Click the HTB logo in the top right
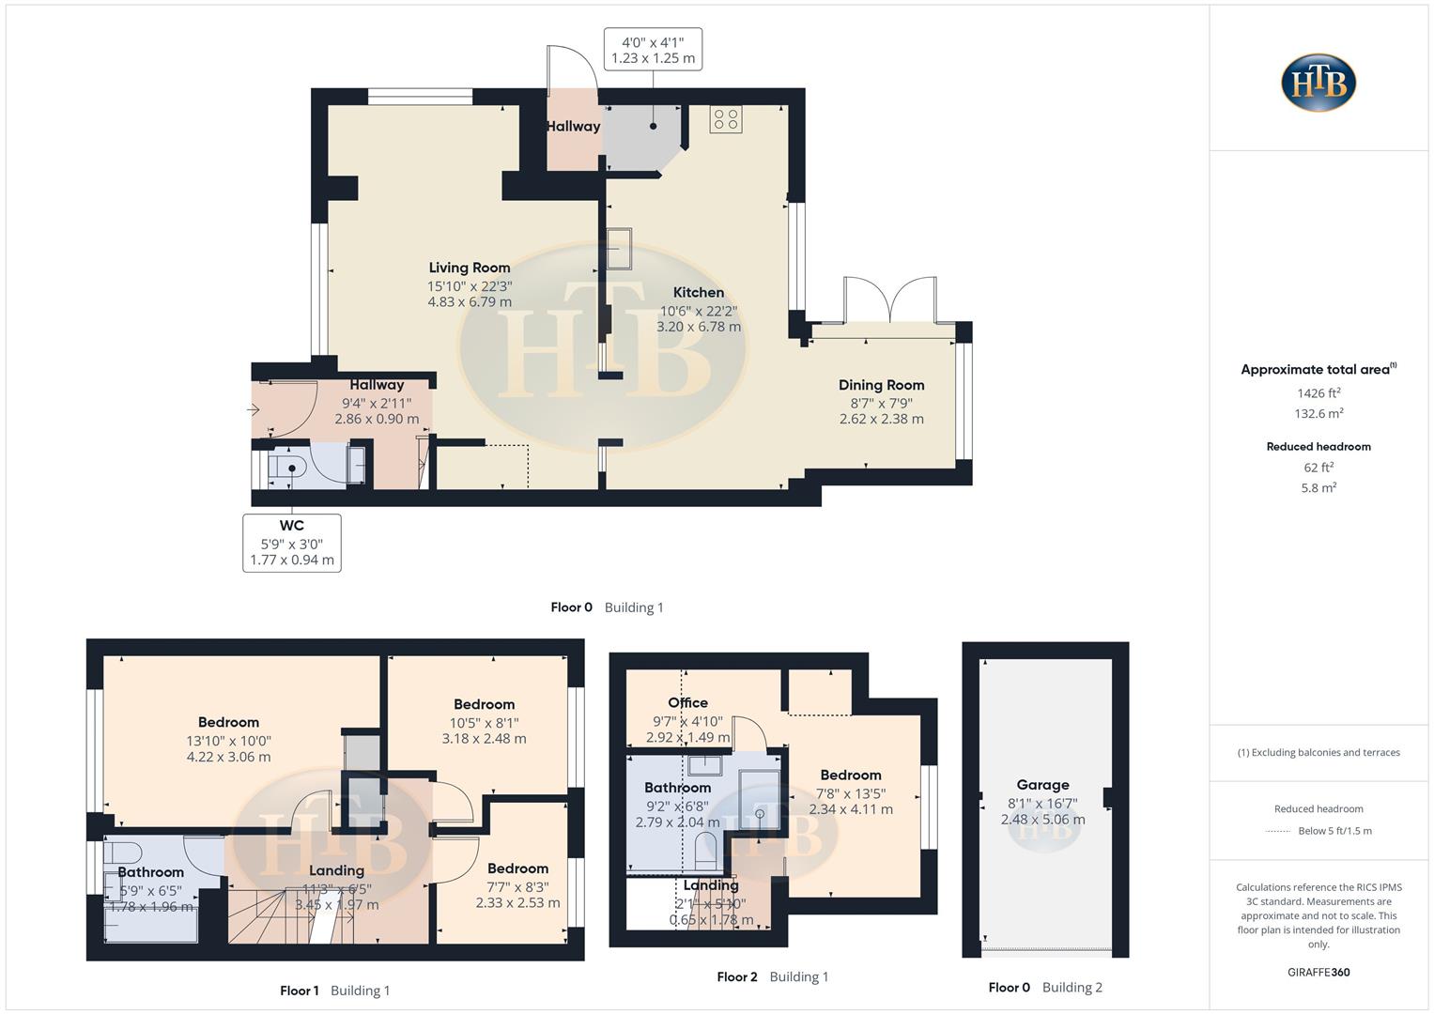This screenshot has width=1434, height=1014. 1318,83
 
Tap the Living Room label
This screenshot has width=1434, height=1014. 470,268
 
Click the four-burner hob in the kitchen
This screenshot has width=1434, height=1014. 726,119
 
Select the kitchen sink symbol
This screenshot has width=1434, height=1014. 620,249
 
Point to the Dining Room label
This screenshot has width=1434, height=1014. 881,385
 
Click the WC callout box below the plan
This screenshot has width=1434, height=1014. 291,543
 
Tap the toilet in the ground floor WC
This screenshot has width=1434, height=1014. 285,468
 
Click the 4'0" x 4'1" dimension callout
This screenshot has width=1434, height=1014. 653,50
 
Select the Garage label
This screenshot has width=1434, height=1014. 1042,785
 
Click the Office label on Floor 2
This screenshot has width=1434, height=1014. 687,703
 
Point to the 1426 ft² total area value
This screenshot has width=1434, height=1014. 1318,393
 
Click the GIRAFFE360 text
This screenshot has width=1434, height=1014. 1318,972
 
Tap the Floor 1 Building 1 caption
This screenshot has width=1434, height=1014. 334,991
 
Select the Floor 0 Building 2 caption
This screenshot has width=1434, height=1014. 1045,987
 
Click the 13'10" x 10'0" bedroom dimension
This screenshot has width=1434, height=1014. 228,741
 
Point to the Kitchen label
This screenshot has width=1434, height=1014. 699,293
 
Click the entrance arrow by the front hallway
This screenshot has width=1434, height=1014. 254,409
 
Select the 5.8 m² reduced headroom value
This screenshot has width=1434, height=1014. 1318,488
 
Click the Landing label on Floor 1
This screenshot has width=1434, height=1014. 336,871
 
